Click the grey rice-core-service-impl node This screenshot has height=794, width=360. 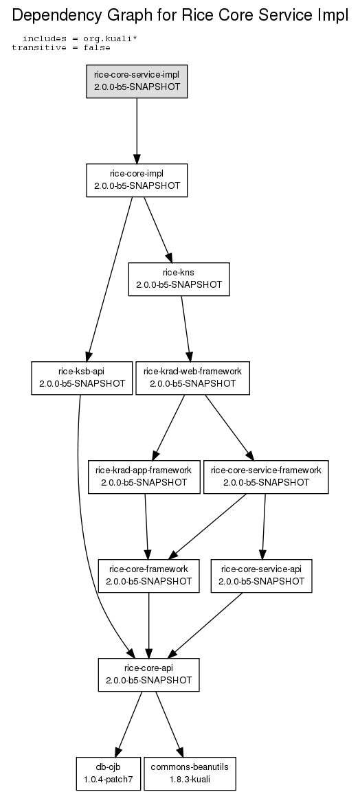click(x=137, y=82)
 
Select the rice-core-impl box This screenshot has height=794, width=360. click(x=137, y=180)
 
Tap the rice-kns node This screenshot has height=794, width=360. click(x=179, y=279)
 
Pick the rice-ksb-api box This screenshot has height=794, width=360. click(x=82, y=378)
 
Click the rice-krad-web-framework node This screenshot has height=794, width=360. click(x=193, y=378)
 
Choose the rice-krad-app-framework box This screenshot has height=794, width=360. click(x=144, y=477)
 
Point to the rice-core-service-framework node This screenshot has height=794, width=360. click(x=266, y=477)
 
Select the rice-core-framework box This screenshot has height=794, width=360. click(x=149, y=576)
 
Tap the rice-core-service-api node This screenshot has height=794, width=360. click(x=261, y=576)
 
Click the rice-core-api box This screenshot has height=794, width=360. click(x=149, y=674)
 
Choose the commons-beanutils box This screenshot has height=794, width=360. click(x=190, y=773)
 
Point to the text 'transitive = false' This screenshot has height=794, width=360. click(x=60, y=48)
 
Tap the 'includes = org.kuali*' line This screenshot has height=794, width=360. click(x=80, y=38)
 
